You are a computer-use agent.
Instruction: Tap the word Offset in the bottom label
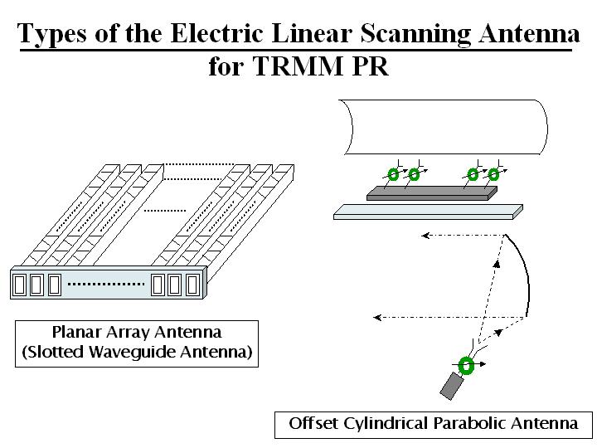click(x=313, y=423)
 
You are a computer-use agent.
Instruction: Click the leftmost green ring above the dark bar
click(x=393, y=174)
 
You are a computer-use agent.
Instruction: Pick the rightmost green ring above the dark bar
click(x=493, y=174)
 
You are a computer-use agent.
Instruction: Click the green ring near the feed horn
click(x=466, y=366)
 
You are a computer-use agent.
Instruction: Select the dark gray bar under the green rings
click(x=431, y=192)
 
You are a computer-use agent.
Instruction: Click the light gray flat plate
click(x=427, y=212)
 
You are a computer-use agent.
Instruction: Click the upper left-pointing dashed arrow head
click(x=425, y=236)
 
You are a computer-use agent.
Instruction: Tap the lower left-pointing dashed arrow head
click(x=378, y=316)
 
